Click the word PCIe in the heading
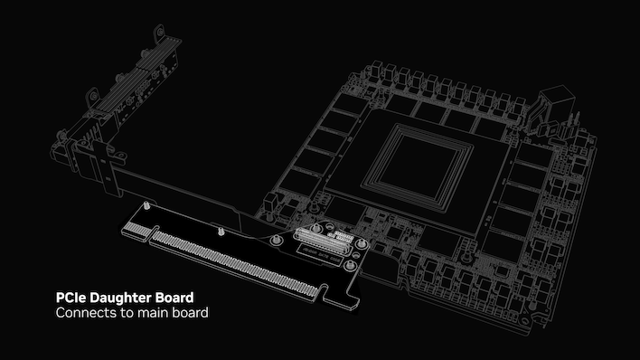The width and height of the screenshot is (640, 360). pyautogui.click(x=71, y=297)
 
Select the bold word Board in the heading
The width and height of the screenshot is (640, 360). pyautogui.click(x=174, y=297)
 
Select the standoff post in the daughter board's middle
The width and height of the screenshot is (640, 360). pyautogui.click(x=220, y=232)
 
